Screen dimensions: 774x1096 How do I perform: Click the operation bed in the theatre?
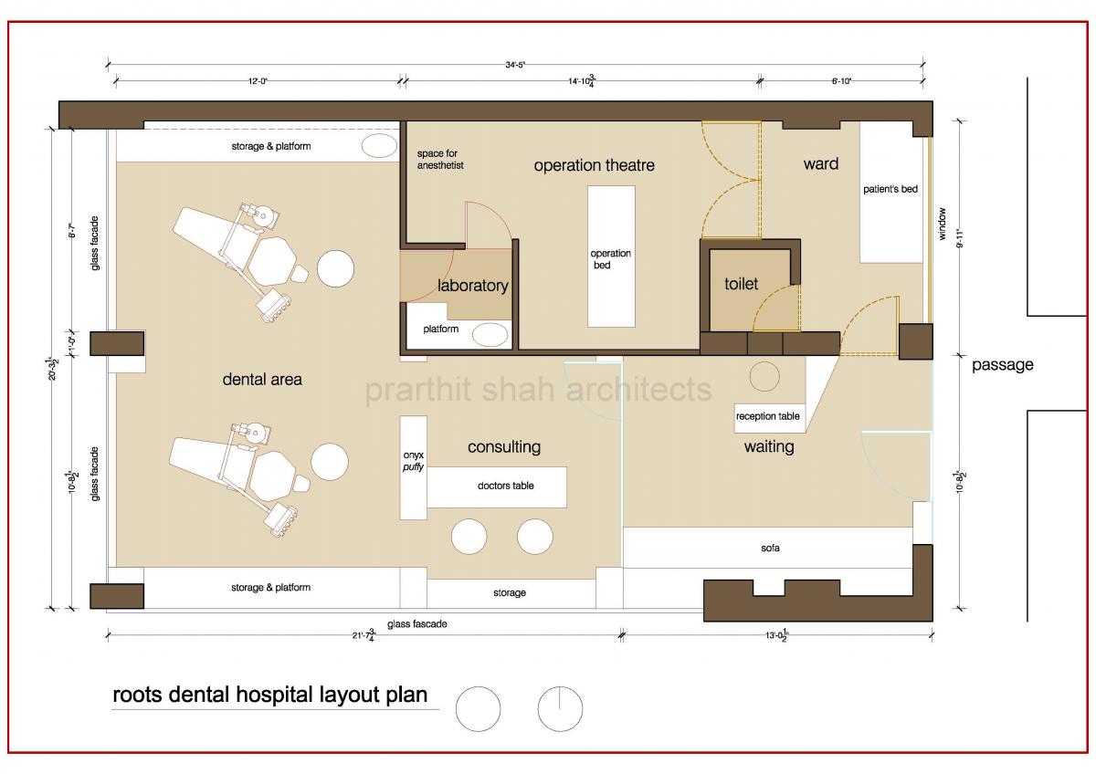[x=611, y=256]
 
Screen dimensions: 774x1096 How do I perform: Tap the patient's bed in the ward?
[x=890, y=192]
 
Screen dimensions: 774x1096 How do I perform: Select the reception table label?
[x=768, y=416]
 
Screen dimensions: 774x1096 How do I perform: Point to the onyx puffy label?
[x=413, y=460]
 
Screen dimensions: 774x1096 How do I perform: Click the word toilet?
[x=742, y=284]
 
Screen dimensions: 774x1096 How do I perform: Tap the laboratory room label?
[x=472, y=286]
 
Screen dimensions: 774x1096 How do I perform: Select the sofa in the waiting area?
[x=770, y=549]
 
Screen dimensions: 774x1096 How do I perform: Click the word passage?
[x=1002, y=365]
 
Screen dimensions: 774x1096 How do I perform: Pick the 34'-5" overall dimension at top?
[x=516, y=65]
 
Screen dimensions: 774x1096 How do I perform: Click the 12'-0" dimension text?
[x=258, y=81]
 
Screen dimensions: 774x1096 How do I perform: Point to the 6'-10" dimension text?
[x=841, y=81]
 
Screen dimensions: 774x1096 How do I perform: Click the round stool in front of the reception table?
[x=764, y=376]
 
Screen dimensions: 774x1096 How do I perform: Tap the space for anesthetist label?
[x=440, y=159]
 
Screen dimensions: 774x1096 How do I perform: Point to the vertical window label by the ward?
[x=943, y=224]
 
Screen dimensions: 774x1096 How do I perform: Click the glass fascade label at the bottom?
[x=416, y=624]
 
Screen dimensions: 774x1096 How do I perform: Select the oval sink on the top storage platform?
[x=378, y=146]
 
